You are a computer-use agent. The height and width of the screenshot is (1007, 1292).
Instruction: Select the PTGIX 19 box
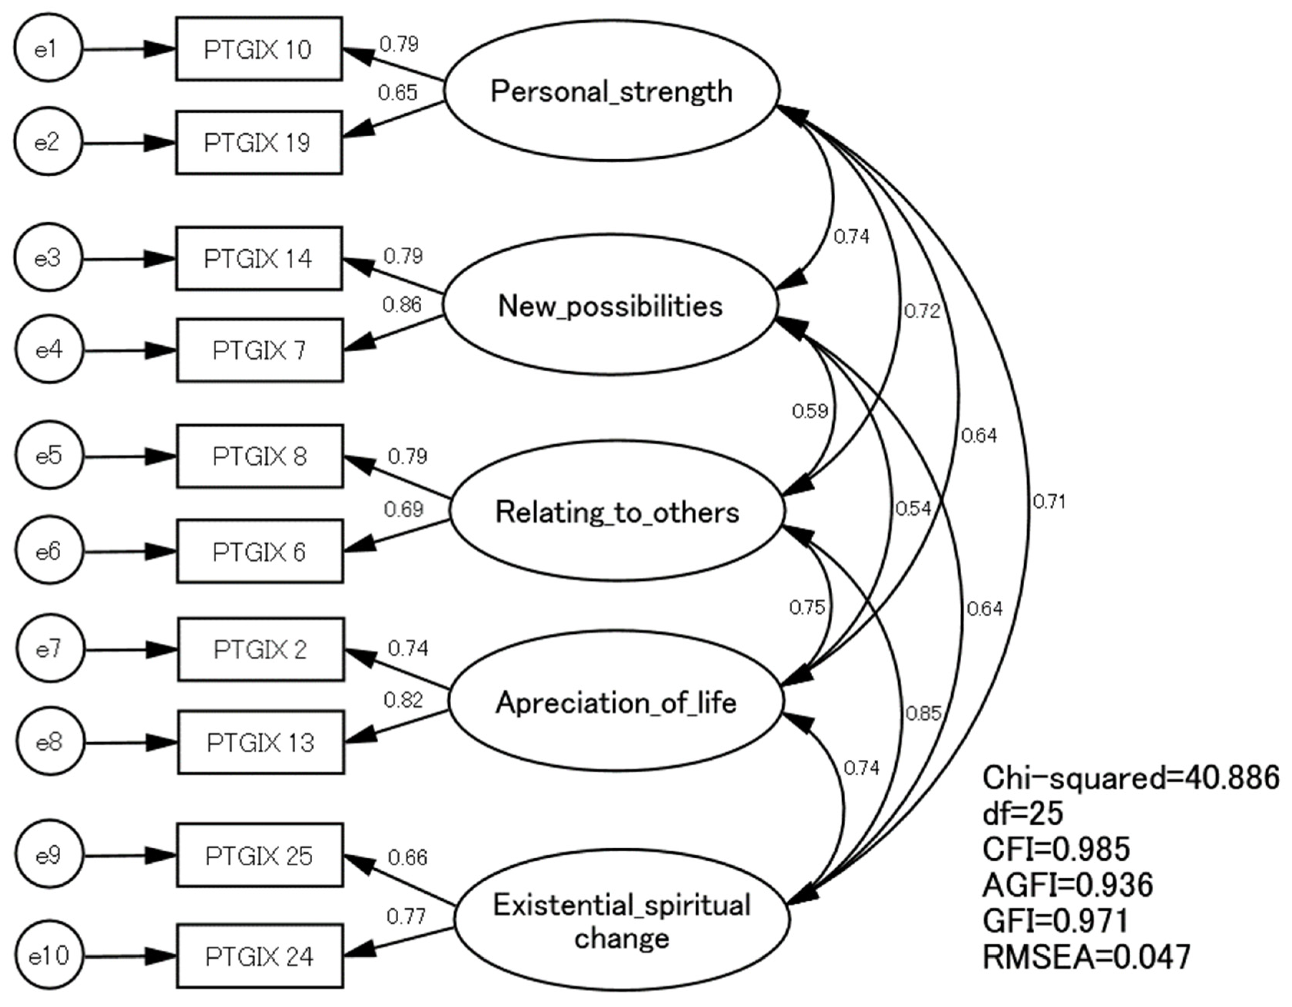pyautogui.click(x=258, y=142)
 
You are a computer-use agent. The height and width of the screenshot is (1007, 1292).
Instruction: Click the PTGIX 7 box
pyautogui.click(x=260, y=350)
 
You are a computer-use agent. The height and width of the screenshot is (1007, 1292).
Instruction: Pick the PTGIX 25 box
pyautogui.click(x=260, y=856)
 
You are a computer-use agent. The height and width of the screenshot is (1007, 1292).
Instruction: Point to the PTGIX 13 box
pyautogui.click(x=261, y=742)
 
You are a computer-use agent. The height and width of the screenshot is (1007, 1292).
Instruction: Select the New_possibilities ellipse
pyautogui.click(x=610, y=305)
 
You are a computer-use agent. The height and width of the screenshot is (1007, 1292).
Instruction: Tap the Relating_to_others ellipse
pyautogui.click(x=617, y=511)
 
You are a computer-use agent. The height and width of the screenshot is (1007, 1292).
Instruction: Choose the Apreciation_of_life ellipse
pyautogui.click(x=616, y=702)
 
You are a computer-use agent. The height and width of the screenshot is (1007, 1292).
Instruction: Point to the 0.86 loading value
pyautogui.click(x=402, y=305)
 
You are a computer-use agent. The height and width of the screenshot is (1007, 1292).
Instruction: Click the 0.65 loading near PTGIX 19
pyautogui.click(x=398, y=93)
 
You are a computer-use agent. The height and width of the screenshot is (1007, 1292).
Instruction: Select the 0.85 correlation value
pyautogui.click(x=923, y=714)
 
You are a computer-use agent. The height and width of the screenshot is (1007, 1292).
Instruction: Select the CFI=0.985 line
pyautogui.click(x=1056, y=849)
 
